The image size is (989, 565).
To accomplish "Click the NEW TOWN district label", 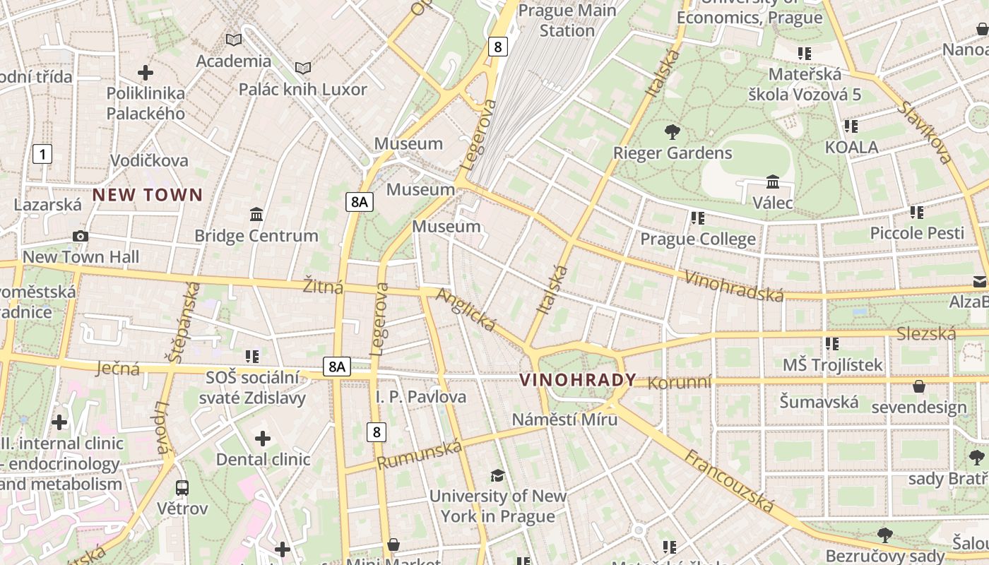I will tap(148, 195).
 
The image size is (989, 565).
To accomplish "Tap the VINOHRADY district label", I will tap(578, 380).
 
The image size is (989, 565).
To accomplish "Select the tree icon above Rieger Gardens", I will tap(673, 131).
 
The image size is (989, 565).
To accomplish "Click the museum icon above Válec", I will tap(773, 182).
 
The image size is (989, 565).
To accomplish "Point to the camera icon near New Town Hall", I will tap(81, 236).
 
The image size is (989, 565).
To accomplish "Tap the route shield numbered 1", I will tap(42, 154).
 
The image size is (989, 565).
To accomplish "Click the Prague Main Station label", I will tap(567, 20).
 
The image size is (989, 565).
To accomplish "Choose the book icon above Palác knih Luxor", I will tap(303, 68).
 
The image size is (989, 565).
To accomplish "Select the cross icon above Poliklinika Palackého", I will tap(146, 72).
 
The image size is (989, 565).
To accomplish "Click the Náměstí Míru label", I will tap(564, 419).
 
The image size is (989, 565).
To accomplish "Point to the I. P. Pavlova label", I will tap(421, 397).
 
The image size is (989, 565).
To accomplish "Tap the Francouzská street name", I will tap(728, 482).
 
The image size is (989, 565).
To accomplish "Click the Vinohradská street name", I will tap(734, 285).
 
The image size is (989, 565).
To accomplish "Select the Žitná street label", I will tap(323, 286).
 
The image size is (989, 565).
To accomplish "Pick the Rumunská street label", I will tap(420, 454).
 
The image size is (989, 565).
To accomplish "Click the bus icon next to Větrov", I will tap(182, 487).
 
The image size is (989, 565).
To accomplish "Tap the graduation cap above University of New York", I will tap(497, 475).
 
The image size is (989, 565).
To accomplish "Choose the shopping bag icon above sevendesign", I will tap(919, 386).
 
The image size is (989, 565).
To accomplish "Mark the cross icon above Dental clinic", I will tap(263, 439).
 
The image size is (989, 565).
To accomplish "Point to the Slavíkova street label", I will tap(926, 131).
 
